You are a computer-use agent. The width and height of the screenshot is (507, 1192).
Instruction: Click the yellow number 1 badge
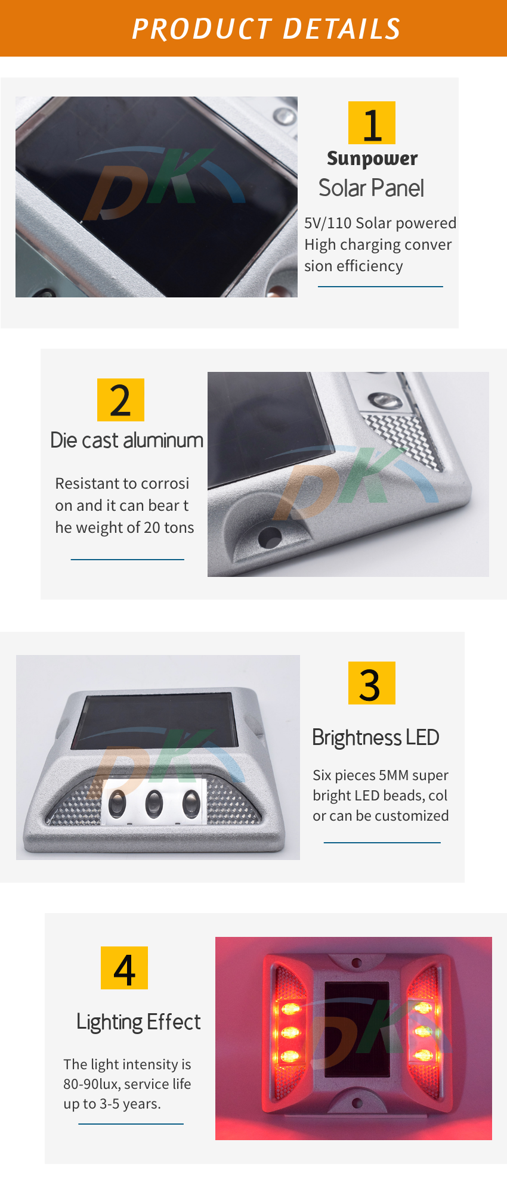click(372, 123)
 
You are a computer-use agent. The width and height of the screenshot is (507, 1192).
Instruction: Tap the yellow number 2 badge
click(120, 400)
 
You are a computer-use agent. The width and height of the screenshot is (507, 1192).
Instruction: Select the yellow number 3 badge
click(372, 683)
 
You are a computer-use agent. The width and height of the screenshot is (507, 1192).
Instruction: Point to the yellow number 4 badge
click(124, 968)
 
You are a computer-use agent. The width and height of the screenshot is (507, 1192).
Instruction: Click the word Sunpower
click(372, 159)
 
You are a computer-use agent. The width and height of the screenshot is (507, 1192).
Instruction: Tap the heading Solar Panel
click(371, 188)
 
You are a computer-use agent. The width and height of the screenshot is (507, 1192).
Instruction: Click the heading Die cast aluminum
click(127, 440)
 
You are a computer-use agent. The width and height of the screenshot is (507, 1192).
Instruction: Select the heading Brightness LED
click(376, 738)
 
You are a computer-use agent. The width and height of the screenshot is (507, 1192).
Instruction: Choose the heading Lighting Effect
click(138, 1022)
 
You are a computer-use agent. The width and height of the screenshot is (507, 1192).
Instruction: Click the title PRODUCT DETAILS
click(266, 29)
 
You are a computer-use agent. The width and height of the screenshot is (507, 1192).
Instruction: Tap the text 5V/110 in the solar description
click(327, 223)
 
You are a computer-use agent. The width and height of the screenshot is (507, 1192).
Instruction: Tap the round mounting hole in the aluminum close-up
click(270, 536)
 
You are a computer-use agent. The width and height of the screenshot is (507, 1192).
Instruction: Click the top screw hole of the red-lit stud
click(357, 963)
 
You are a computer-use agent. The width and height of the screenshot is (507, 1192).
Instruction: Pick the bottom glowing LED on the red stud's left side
click(290, 1057)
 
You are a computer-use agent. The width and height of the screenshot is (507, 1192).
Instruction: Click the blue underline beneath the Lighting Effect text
click(131, 1124)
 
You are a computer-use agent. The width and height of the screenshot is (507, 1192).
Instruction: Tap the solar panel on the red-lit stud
click(357, 1030)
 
